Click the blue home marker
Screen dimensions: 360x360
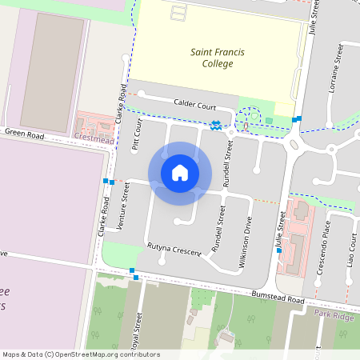click(x=180, y=173)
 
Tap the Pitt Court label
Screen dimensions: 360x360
click(x=136, y=136)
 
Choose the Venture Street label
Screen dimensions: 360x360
click(x=124, y=206)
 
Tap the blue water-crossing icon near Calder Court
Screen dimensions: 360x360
click(x=217, y=125)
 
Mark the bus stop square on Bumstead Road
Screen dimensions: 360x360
click(x=135, y=277)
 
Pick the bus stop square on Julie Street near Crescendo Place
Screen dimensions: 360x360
click(x=278, y=250)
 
